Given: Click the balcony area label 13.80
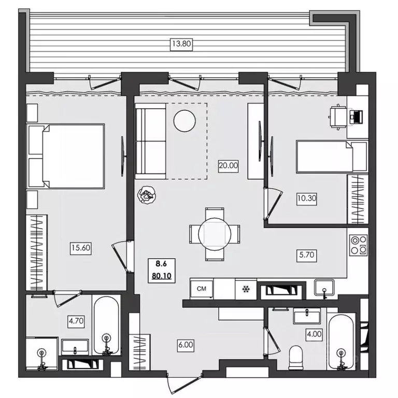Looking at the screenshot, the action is pos(181,44).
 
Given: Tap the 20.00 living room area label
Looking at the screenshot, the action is pos(228,166).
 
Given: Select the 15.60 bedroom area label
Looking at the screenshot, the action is pos(81,248).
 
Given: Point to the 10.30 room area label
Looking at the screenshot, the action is pos(307,198).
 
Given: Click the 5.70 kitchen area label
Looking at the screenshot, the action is pos(307,254).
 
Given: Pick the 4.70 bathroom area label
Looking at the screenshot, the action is pos(76,321).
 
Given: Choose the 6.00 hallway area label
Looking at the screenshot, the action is pos(186,345).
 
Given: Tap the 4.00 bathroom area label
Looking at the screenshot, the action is pos(314,334).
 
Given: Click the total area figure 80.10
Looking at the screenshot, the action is pos(162,276).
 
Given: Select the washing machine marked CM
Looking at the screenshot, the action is pos(202,289).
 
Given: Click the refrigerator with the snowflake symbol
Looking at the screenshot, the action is pos(246,289).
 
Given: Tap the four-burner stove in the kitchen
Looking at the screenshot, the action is pos(358,245).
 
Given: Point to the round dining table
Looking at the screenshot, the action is pos(215,234).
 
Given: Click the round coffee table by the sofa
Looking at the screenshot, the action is pos(184,121).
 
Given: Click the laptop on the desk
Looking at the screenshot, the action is pos(356,116).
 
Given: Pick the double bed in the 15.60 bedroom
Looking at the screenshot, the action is pos(66,156).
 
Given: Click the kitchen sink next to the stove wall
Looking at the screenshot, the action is pos(324,288).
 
